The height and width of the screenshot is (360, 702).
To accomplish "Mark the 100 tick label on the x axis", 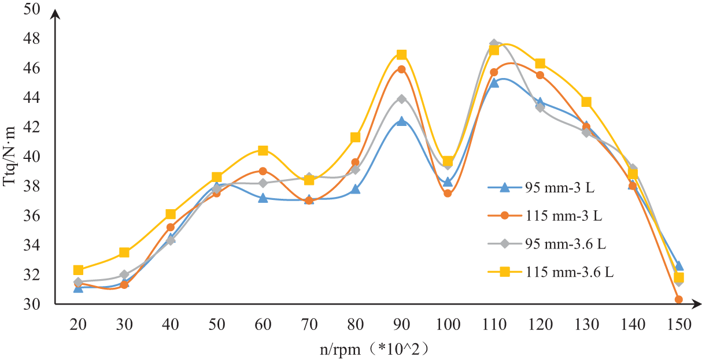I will click(x=448, y=325).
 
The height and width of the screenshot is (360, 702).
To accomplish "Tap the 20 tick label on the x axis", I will click(x=78, y=325).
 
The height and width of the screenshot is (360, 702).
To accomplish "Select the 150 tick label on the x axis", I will click(x=679, y=325).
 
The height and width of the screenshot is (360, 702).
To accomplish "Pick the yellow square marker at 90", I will click(x=401, y=55).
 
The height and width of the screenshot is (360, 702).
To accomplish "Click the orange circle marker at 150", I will click(x=679, y=299).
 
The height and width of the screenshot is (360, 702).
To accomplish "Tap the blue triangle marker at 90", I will click(x=401, y=121).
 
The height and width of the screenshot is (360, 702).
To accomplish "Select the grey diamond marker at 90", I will click(x=401, y=99).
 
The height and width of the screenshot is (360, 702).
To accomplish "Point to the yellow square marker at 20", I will click(x=78, y=270).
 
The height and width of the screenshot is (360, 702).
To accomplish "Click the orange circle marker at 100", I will click(x=448, y=194).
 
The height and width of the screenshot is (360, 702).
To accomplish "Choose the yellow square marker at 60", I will click(x=263, y=151).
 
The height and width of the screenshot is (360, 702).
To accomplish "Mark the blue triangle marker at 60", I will click(x=263, y=198).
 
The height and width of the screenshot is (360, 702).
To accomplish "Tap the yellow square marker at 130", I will click(x=586, y=102).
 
